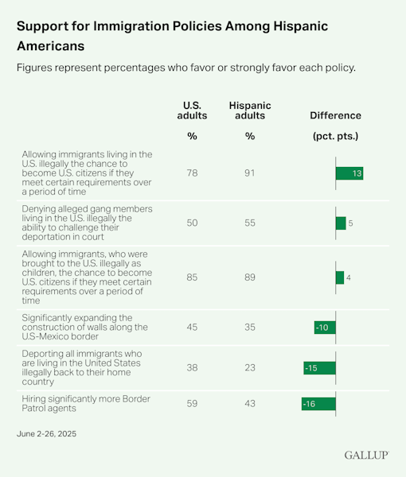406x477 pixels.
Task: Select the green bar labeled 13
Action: click(349, 173)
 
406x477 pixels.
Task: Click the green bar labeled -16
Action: click(318, 404)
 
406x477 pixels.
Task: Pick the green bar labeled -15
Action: click(319, 368)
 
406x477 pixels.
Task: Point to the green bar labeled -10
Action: click(325, 328)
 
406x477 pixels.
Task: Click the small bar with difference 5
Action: click(341, 223)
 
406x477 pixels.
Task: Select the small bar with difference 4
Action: click(340, 277)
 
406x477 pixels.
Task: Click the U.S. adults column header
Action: click(191, 110)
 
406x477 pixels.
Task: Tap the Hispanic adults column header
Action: click(250, 110)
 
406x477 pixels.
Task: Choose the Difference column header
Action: click(335, 115)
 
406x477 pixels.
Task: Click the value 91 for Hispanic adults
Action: click(250, 173)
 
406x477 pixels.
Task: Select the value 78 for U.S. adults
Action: click(191, 173)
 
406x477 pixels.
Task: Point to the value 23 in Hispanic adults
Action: click(250, 368)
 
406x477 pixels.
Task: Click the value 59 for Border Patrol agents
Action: click(191, 404)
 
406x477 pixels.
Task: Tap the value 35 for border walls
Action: click(250, 328)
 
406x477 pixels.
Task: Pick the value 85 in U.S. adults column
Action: click(191, 277)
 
